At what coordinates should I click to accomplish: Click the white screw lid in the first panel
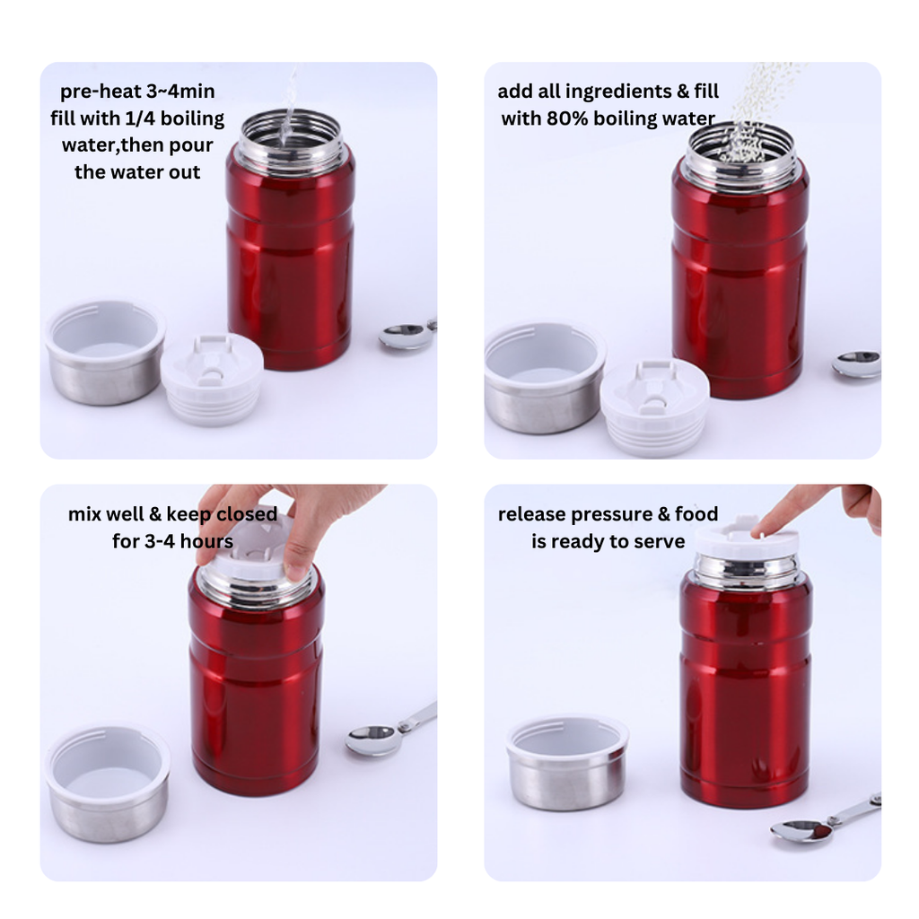[212, 380]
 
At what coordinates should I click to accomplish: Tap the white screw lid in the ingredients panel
[654, 407]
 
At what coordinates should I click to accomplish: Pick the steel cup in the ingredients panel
[544, 378]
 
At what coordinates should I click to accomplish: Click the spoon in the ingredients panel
[856, 364]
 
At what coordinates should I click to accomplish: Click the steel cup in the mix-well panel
[108, 783]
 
